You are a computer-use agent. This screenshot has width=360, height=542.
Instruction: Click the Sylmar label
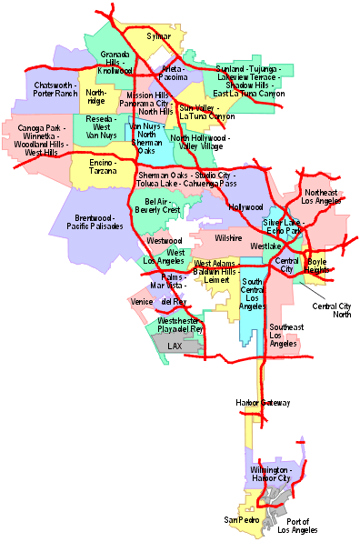[159, 35]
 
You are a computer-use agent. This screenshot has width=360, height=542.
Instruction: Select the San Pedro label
[242, 519]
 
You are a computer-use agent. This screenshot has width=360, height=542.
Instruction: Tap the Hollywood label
[245, 207]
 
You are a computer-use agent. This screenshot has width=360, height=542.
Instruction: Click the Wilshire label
[228, 237]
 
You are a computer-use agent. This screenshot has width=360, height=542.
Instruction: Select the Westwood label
[164, 240]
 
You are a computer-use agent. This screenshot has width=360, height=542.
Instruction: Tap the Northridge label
[96, 96]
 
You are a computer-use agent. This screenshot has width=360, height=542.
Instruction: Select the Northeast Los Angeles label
[320, 197]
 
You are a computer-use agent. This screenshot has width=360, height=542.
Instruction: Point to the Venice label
[142, 301]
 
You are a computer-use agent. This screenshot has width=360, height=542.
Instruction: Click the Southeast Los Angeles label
[285, 335]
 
